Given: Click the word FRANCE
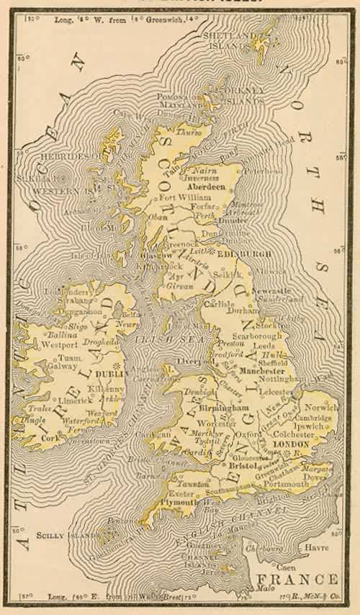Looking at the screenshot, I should coord(305,580).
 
